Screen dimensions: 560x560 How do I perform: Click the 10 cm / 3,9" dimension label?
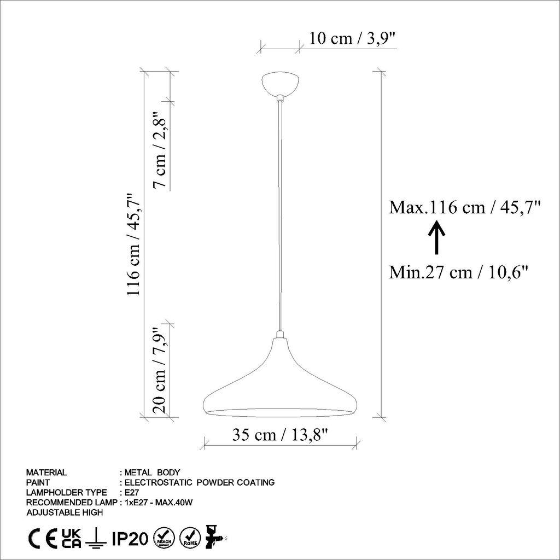pyautogui.click(x=352, y=39)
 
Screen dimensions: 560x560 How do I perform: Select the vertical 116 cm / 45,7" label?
pyautogui.click(x=134, y=244)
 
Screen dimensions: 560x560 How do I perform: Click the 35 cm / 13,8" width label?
pyautogui.click(x=280, y=435)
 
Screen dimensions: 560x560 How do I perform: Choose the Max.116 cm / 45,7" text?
pyautogui.click(x=465, y=208)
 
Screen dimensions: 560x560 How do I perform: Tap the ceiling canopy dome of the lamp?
pyautogui.click(x=280, y=84)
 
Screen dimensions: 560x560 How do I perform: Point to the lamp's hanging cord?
pyautogui.click(x=280, y=219)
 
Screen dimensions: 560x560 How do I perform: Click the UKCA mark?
pyautogui.click(x=71, y=539)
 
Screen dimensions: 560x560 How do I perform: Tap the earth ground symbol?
pyautogui.click(x=96, y=539)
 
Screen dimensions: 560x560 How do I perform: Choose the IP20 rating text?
pyautogui.click(x=130, y=539)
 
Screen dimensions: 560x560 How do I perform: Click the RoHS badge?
pyautogui.click(x=190, y=538)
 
